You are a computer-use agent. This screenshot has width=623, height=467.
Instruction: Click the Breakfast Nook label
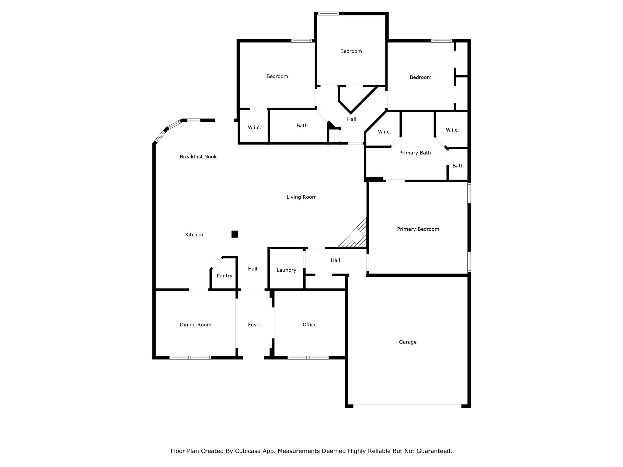point(198,157)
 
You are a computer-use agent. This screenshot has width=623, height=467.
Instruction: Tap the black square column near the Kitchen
point(235,234)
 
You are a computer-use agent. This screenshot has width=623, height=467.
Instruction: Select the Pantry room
point(224,275)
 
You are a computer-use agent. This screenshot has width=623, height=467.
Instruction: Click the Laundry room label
point(286,270)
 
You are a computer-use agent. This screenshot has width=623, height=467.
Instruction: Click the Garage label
point(408,342)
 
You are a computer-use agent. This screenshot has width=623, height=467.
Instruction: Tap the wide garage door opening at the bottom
point(407,406)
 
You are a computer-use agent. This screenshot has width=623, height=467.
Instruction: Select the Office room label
point(309,325)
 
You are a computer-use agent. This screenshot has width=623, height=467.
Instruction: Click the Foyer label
point(255,325)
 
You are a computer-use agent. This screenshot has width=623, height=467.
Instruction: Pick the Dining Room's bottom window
point(190,358)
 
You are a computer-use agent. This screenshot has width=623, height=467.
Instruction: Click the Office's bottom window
point(308,358)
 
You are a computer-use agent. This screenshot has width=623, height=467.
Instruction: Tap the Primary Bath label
point(415,153)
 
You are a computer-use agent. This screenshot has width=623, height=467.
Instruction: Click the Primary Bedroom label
point(418,229)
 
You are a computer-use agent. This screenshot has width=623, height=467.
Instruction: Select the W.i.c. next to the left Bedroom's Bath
point(254,128)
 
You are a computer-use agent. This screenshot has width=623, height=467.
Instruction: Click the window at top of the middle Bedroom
point(328,13)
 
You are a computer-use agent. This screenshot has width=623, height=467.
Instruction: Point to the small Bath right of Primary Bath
point(458,166)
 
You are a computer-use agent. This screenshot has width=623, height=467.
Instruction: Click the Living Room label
point(301,197)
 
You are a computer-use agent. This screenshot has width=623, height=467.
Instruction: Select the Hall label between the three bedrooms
point(352,119)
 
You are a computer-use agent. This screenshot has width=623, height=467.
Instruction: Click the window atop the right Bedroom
point(441,41)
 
